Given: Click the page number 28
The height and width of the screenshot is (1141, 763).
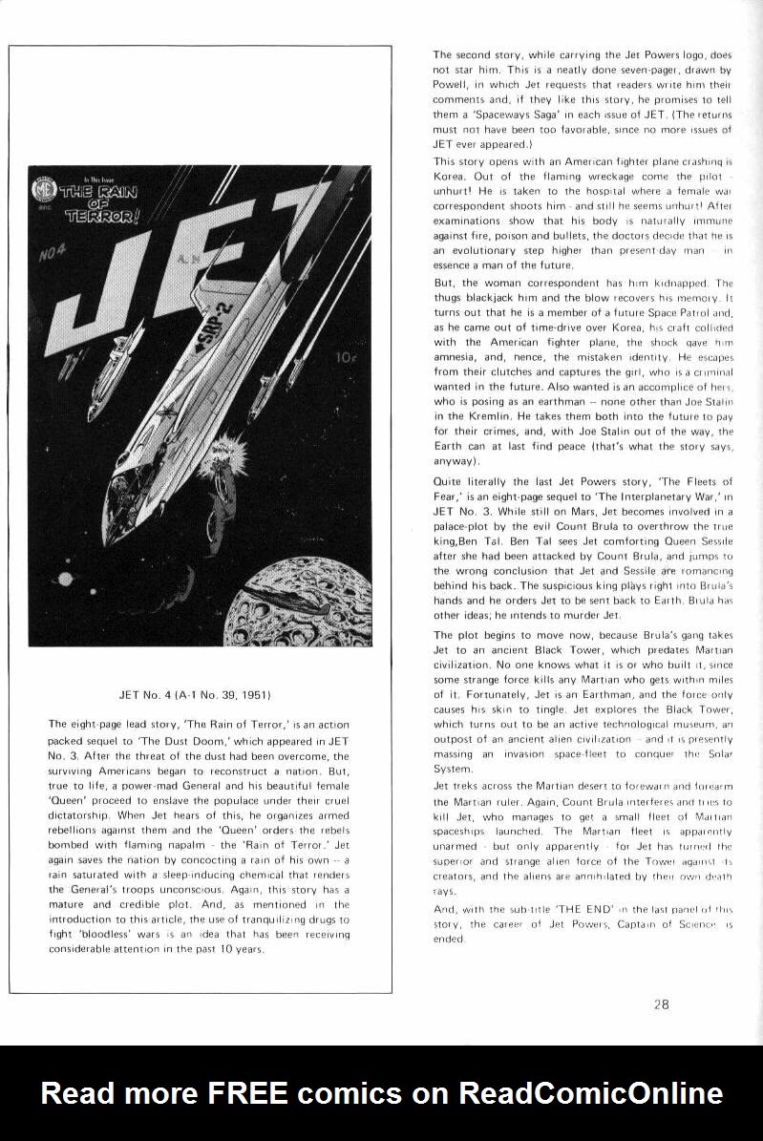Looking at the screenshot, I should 662,1004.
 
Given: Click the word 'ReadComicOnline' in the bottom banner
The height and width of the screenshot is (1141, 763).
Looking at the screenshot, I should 590,1092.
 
